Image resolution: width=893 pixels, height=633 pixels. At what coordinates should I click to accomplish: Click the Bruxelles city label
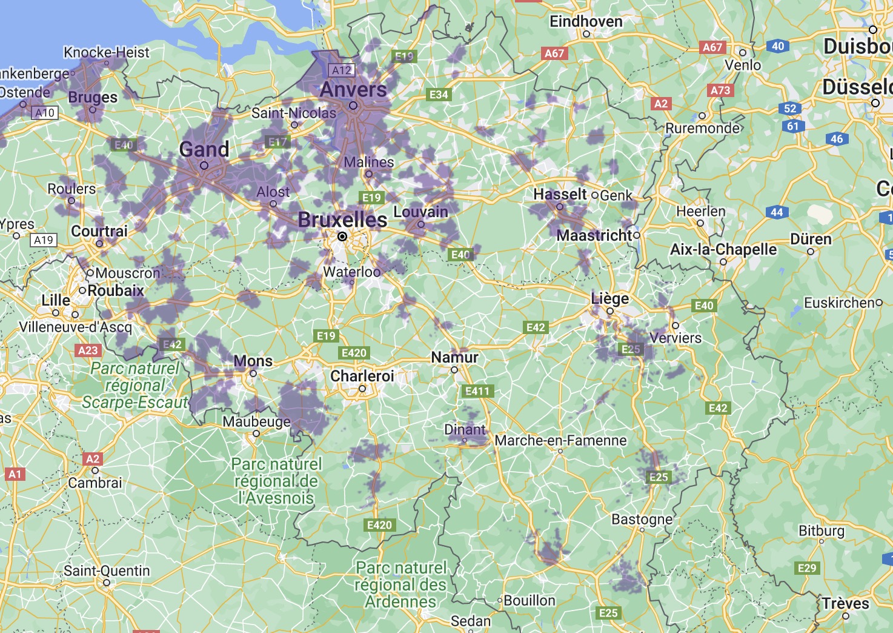342,219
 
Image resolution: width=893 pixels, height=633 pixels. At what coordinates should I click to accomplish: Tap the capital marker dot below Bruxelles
342,236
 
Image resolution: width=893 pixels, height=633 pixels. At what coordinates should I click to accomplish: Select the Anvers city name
353,89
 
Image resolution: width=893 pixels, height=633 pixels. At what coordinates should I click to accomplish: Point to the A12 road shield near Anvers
341,70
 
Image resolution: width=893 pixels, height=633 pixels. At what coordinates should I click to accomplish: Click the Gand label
204,149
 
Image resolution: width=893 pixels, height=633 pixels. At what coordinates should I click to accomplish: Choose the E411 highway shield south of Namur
477,391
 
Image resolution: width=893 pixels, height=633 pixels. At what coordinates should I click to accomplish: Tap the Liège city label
610,298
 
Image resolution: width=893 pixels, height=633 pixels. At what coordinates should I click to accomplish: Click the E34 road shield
439,95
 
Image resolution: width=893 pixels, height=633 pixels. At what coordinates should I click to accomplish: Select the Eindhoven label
586,22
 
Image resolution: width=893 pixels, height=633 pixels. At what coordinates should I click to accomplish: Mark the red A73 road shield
720,90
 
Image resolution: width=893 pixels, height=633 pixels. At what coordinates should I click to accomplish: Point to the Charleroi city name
362,376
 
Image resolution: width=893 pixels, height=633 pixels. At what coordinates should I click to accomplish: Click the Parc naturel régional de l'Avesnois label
276,481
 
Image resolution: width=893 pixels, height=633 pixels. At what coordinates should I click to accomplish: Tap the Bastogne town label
642,519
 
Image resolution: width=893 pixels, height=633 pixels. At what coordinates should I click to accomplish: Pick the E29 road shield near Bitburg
807,568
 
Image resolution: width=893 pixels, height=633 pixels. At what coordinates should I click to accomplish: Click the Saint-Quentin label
107,571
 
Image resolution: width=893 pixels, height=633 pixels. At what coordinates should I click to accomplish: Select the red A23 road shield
88,350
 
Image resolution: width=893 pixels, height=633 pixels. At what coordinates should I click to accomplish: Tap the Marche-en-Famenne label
560,440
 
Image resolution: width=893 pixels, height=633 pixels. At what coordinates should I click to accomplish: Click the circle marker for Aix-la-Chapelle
723,262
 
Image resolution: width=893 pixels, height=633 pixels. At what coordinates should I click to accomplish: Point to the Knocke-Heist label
106,52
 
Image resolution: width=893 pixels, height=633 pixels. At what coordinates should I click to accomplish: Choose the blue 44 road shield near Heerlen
777,212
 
